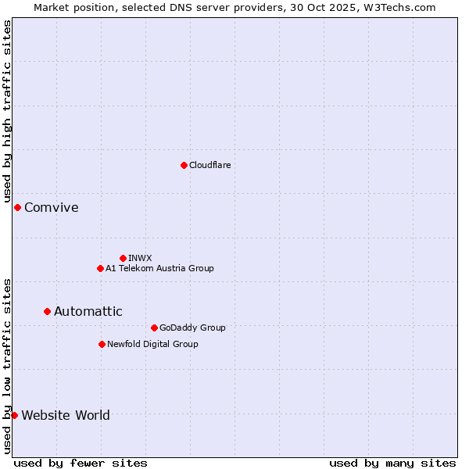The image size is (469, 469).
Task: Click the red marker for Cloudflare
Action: point(184,165)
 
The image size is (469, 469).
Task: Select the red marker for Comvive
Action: point(17,207)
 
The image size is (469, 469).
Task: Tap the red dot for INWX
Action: point(123,258)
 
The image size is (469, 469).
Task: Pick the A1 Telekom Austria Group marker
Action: point(100,268)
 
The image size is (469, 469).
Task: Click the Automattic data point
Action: point(47,311)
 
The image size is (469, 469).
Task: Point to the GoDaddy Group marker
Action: point(154,328)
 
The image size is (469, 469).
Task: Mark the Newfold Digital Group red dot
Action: point(102,344)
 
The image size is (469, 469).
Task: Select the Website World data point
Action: point(14,415)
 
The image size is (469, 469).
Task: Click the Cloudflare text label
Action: point(210,165)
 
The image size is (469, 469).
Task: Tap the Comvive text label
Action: point(52,207)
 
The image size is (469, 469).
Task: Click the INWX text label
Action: point(141,258)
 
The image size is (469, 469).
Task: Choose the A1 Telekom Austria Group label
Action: point(159,268)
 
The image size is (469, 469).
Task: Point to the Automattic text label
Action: point(88,311)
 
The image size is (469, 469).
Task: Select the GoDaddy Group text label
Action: point(192,328)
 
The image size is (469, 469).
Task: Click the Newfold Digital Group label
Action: point(152,344)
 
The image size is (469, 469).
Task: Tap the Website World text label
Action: point(66,415)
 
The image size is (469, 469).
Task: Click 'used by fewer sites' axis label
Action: point(81,463)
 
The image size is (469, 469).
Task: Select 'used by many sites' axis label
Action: point(392,463)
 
